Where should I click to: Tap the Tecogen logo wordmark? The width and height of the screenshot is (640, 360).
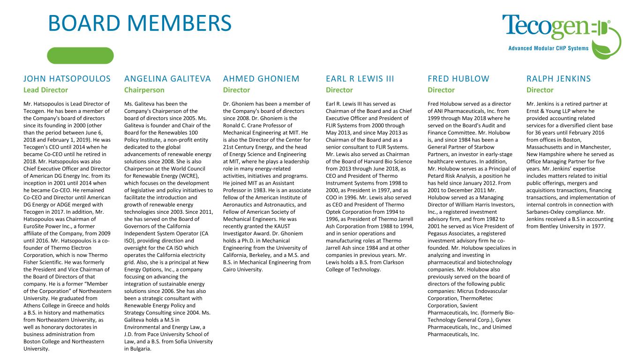point(546,27)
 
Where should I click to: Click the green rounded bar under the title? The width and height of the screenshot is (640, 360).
point(80,55)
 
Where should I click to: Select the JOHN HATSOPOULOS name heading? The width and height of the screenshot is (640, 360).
point(67,78)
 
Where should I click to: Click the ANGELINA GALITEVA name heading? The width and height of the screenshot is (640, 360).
point(168,78)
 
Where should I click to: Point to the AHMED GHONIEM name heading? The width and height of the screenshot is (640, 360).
point(261,78)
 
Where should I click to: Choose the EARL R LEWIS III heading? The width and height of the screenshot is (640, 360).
point(360,78)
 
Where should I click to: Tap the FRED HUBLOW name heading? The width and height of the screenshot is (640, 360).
point(458,78)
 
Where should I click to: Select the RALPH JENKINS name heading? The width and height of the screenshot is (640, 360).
point(558,78)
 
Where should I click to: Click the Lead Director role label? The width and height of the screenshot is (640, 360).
point(45,90)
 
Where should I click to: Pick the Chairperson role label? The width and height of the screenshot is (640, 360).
point(144,90)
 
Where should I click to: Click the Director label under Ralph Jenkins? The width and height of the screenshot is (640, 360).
point(540,90)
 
